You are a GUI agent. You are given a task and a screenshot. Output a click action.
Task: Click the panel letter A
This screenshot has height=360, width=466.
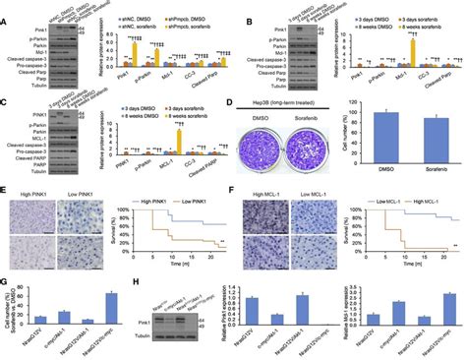coord(5,6)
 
